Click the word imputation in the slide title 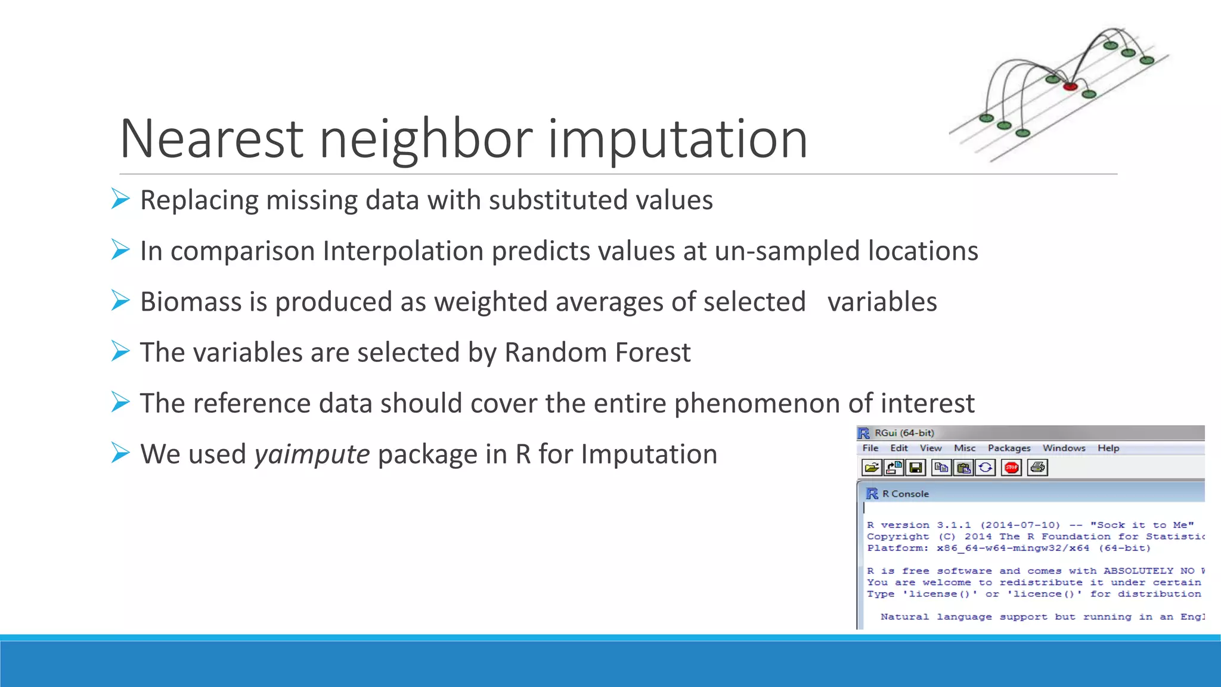click(x=677, y=140)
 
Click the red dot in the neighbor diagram click(x=1070, y=87)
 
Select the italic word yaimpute click(x=312, y=454)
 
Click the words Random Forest click(x=597, y=352)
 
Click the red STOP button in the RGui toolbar click(x=1012, y=468)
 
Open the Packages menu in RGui click(x=1009, y=448)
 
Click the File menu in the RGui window click(x=870, y=448)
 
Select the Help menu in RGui click(x=1108, y=448)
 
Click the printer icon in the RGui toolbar click(x=1037, y=468)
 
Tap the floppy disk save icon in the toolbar click(x=916, y=468)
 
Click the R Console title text click(x=905, y=494)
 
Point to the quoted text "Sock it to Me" click(x=1142, y=525)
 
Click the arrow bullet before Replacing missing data click(x=120, y=199)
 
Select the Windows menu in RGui click(x=1064, y=448)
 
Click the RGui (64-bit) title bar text click(x=904, y=433)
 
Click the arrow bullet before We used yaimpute click(x=120, y=453)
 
